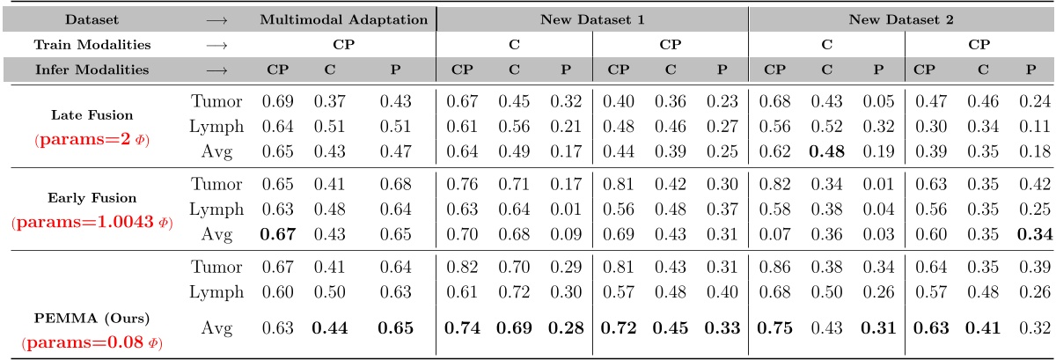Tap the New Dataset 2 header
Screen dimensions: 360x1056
coord(900,19)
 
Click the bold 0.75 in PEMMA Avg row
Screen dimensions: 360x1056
coord(774,329)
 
